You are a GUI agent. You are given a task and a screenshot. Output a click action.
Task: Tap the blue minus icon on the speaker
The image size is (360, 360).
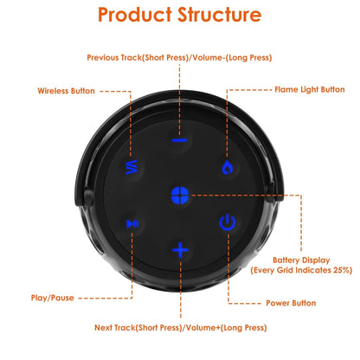(179, 139)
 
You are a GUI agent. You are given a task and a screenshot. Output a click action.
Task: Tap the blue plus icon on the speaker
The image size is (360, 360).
(179, 251)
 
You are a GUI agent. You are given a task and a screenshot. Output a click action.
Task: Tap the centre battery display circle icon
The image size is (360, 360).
(180, 194)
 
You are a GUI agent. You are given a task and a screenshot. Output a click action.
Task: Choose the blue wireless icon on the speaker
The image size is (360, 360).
(132, 167)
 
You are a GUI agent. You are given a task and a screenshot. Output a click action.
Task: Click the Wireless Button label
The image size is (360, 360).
(67, 90)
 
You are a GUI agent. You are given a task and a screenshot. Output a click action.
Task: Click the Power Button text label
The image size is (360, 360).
(290, 303)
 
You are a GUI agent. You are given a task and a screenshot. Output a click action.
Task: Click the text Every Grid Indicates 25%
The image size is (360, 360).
(300, 271)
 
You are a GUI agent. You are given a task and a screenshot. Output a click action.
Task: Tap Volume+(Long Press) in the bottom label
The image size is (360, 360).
(227, 328)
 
